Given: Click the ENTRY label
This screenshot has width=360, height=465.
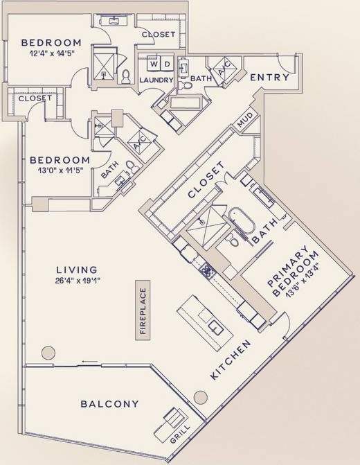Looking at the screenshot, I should [x=269, y=77].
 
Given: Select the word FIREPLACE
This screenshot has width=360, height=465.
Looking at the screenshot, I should [x=143, y=312].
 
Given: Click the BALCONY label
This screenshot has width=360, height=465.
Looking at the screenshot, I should [x=109, y=403].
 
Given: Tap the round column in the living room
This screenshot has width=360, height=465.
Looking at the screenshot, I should [x=48, y=352].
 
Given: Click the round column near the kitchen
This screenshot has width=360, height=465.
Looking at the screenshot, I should [x=200, y=398].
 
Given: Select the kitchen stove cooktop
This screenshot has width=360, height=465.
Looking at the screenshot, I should [x=206, y=269].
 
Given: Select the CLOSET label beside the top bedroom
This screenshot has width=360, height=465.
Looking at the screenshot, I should [x=158, y=35].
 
